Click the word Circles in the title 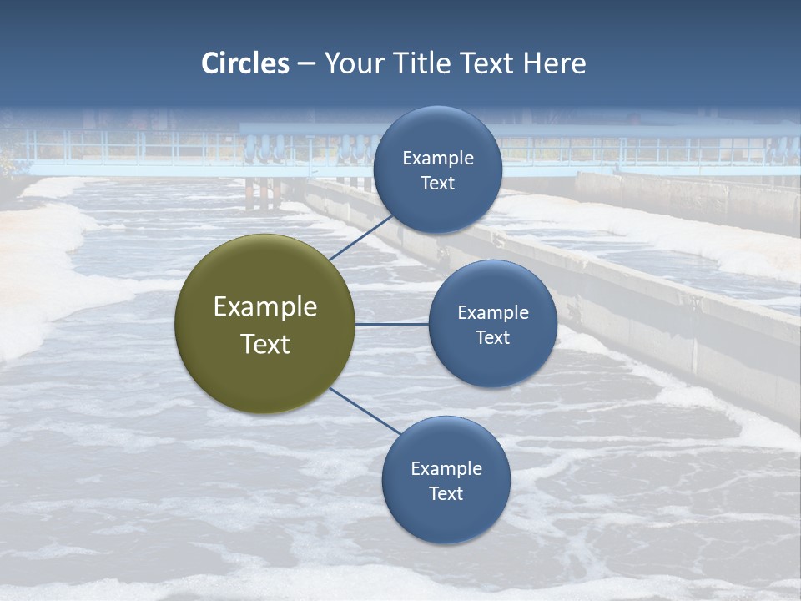[x=245, y=63]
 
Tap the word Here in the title [x=554, y=63]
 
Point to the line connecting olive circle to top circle [x=360, y=237]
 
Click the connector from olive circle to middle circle [x=391, y=324]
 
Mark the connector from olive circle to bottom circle [x=365, y=411]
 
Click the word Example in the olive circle [x=265, y=307]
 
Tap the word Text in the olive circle [x=265, y=344]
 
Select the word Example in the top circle [x=438, y=158]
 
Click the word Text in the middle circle [x=492, y=337]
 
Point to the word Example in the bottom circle [x=446, y=468]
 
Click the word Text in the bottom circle [x=446, y=493]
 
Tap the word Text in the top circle [x=437, y=183]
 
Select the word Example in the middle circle [x=493, y=312]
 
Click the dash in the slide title [x=306, y=64]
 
